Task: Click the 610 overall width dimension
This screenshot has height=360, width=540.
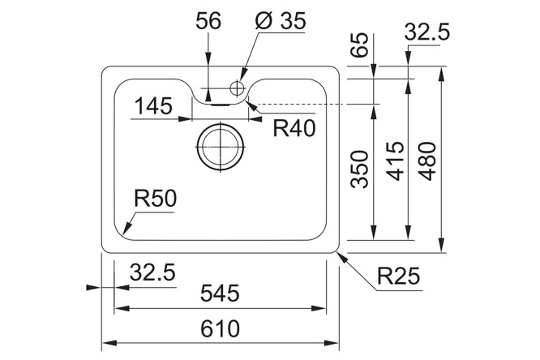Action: tap(220, 328)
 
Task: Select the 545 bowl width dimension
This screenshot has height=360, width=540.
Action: tap(220, 294)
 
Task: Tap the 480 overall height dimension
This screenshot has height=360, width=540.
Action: tap(428, 161)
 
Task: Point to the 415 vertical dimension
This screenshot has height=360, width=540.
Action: tap(396, 161)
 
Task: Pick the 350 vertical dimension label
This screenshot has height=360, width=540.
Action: tap(360, 169)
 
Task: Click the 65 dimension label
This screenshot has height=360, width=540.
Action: tap(360, 45)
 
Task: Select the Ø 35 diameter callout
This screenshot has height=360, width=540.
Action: tap(281, 20)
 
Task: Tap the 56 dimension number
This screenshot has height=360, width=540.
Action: tap(208, 20)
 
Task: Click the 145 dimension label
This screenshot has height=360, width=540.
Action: tap(153, 105)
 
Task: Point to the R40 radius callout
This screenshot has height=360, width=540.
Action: tap(294, 128)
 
